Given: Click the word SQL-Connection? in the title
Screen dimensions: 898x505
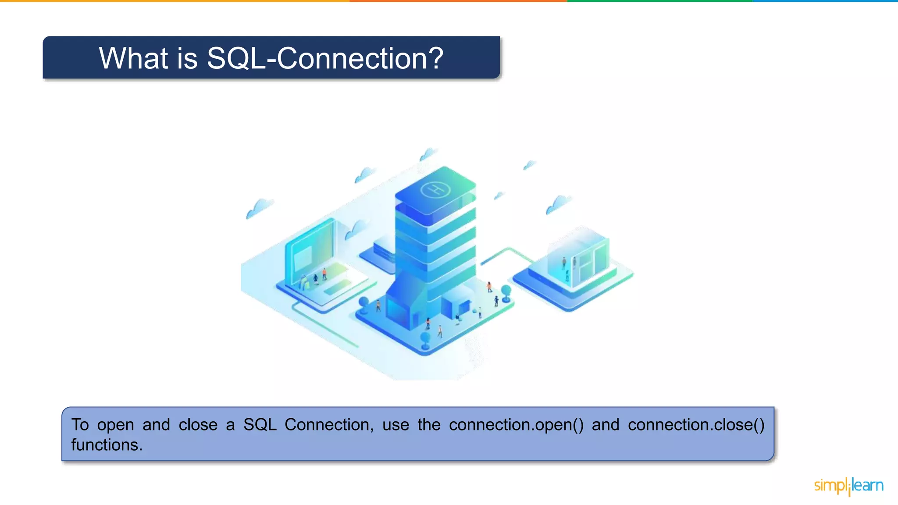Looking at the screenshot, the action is click(x=325, y=58).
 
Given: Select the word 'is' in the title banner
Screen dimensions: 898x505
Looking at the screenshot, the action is click(x=187, y=58).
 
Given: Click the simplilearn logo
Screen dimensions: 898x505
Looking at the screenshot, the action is click(x=848, y=486).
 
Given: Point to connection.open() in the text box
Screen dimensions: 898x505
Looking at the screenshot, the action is click(x=516, y=425).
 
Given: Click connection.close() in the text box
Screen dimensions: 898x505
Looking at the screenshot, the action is click(x=696, y=425).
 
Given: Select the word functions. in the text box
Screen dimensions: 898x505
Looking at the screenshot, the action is click(x=107, y=445).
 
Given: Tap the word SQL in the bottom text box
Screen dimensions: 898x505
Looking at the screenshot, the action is click(x=260, y=425).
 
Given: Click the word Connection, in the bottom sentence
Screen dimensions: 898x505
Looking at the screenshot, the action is click(x=329, y=425).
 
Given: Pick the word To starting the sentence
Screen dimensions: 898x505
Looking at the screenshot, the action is click(x=80, y=425).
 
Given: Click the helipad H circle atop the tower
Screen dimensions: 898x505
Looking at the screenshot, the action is click(x=435, y=190).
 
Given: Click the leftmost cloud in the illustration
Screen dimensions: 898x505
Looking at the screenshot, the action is click(x=260, y=208).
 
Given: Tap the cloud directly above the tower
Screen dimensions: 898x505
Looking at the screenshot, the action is click(x=428, y=154).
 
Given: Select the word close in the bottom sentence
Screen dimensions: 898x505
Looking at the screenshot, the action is click(x=198, y=425).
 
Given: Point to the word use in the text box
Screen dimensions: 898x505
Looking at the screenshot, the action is click(x=396, y=425).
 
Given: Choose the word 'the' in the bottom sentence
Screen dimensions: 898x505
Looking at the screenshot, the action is click(x=429, y=425).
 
